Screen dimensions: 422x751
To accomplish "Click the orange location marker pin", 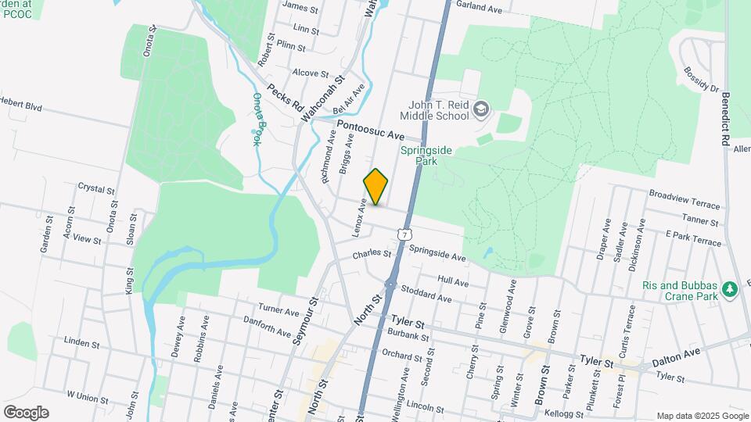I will click(x=375, y=187).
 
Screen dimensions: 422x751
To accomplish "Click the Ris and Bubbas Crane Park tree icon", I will click(x=731, y=290).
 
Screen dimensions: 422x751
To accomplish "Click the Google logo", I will click(x=26, y=412).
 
